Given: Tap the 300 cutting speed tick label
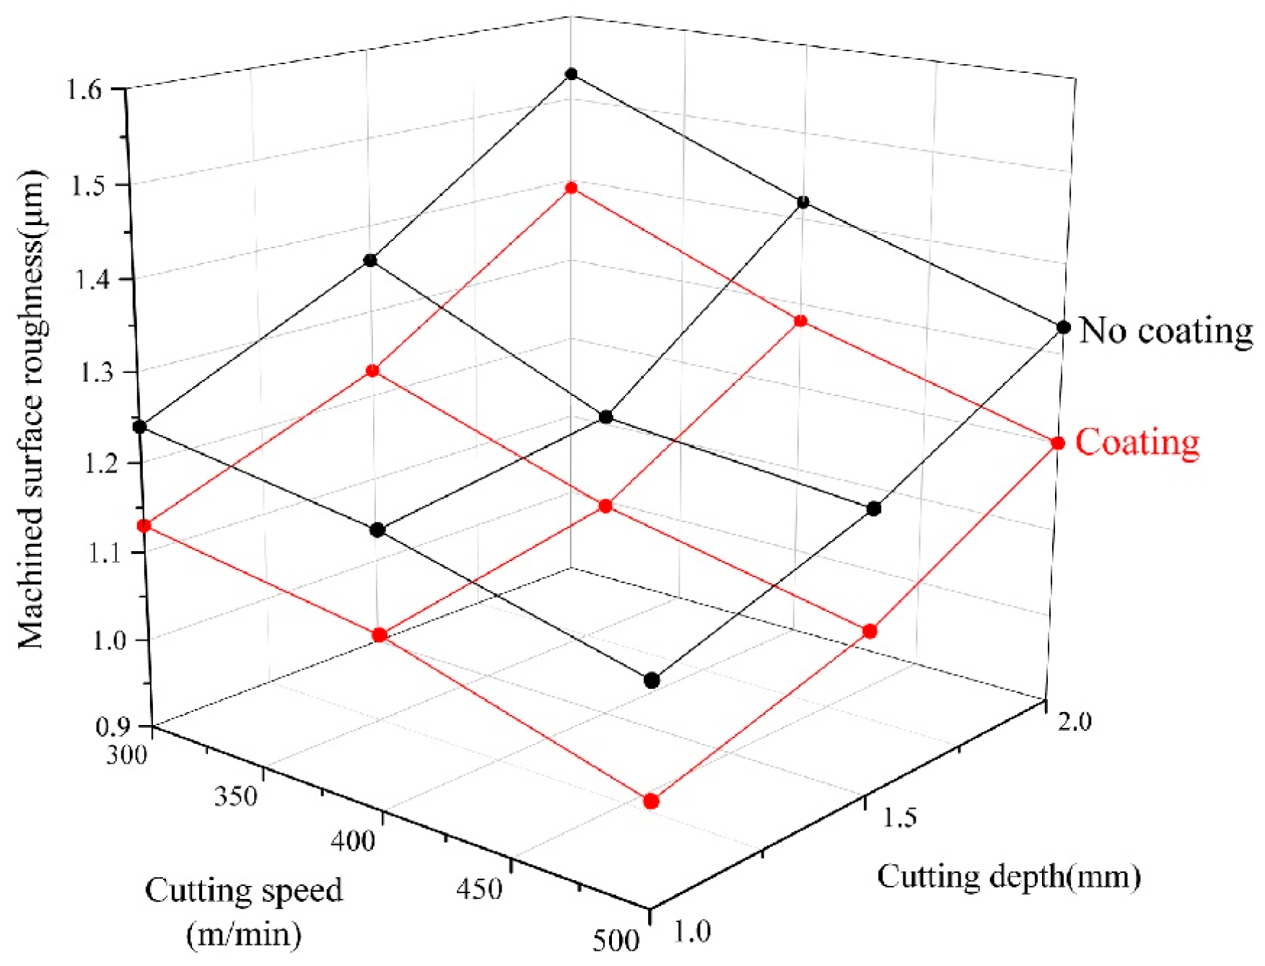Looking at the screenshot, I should pos(127,754).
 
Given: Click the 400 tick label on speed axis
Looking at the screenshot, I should pos(353,840).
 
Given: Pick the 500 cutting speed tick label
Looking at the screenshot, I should pos(616,941).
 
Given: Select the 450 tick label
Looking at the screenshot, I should pos(479,888).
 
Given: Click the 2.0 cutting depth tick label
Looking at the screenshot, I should pos(1074,721).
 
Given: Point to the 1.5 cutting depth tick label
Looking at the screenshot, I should pos(898,817).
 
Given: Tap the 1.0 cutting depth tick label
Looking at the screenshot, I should pos(692,932).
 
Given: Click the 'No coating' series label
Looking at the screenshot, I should pos(1165,330).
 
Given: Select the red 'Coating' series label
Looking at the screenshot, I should pos(1137,442).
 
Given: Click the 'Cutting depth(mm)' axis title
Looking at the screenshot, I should pos(1009,877).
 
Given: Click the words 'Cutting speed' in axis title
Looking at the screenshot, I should pos(244,890).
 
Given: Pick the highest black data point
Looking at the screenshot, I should pos(572,74).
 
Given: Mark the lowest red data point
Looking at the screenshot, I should pos(651,802).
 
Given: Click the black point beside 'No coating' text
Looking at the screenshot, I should pos(1063,328).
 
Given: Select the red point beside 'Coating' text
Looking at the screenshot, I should pos(1057,443).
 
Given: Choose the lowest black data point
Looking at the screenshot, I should pos(652,680).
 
